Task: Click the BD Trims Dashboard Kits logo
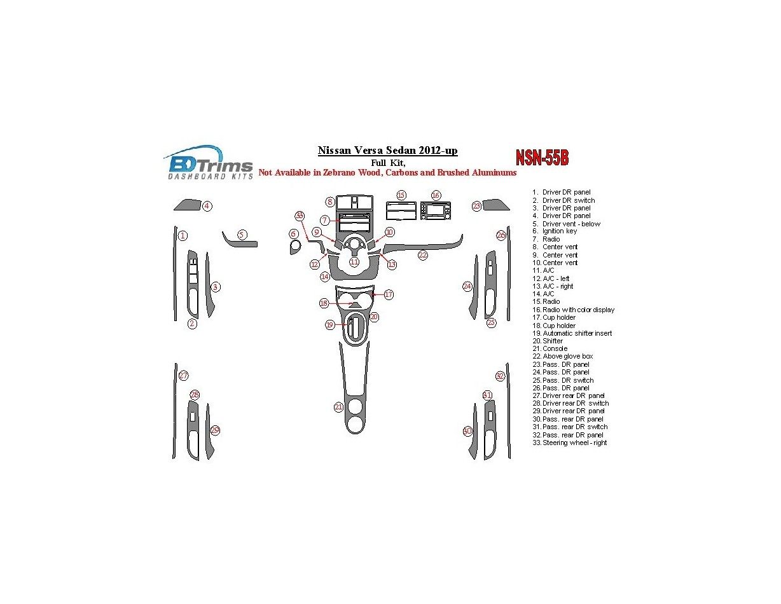209,163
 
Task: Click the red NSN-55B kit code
542,158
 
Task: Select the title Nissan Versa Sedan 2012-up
387,151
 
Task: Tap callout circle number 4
207,206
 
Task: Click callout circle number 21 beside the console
339,407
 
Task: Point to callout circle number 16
436,195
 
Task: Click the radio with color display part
436,210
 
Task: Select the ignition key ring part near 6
294,247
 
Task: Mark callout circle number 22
422,255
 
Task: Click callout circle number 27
183,375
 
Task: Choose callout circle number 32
500,376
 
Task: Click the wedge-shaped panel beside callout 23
496,205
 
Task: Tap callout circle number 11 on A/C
354,262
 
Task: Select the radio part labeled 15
401,210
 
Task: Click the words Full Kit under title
387,163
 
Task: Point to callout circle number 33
300,216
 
